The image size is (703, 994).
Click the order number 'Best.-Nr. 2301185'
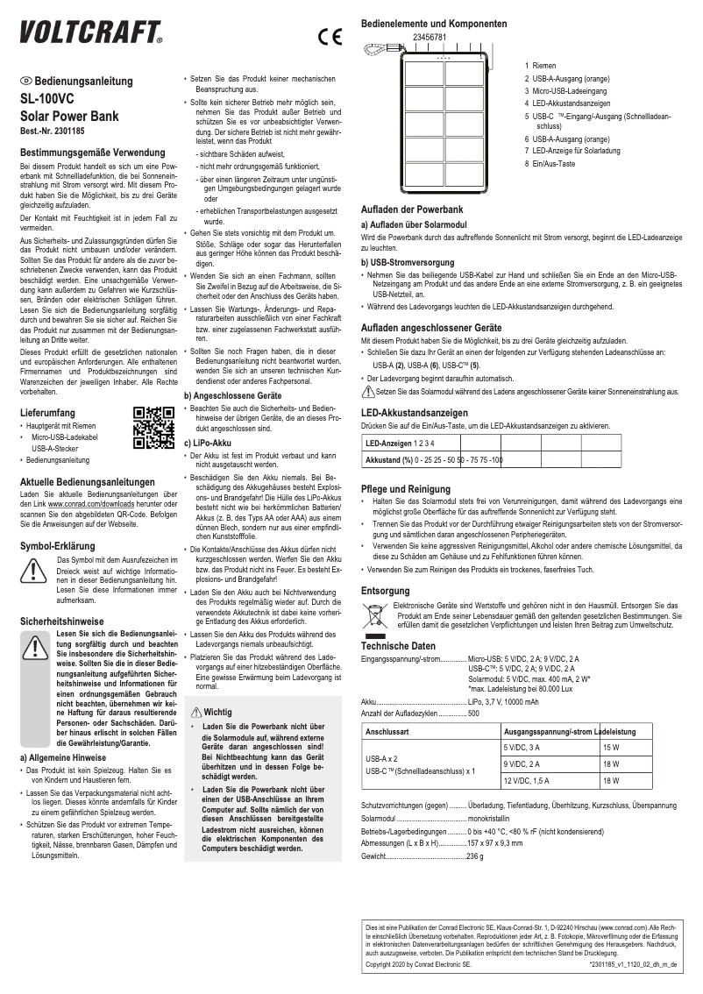57,131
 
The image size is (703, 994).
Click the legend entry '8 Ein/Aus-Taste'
550,164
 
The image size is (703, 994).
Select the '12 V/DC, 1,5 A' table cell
528,779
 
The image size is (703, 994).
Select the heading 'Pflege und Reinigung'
405,488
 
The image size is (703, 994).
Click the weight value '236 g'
475,855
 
